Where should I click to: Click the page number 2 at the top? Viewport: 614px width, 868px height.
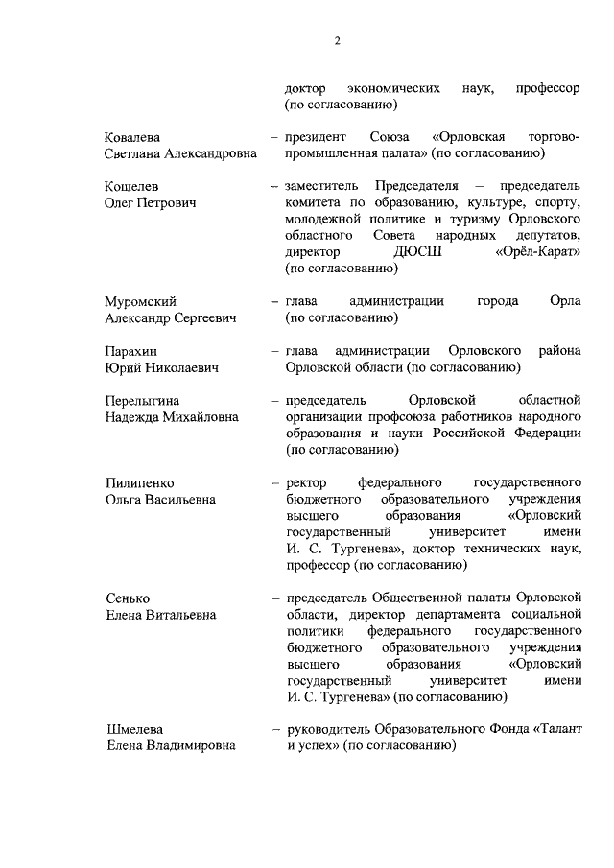338,41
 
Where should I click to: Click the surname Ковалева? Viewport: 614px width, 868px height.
132,137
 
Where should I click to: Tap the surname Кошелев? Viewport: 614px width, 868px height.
130,185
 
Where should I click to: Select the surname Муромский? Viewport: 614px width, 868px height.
141,302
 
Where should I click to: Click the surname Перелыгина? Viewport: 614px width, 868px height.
143,400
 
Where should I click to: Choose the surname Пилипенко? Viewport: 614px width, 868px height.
139,481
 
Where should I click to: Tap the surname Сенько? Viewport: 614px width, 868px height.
128,598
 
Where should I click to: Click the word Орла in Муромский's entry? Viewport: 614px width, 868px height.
566,302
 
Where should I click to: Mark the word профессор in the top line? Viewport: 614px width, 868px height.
548,88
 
